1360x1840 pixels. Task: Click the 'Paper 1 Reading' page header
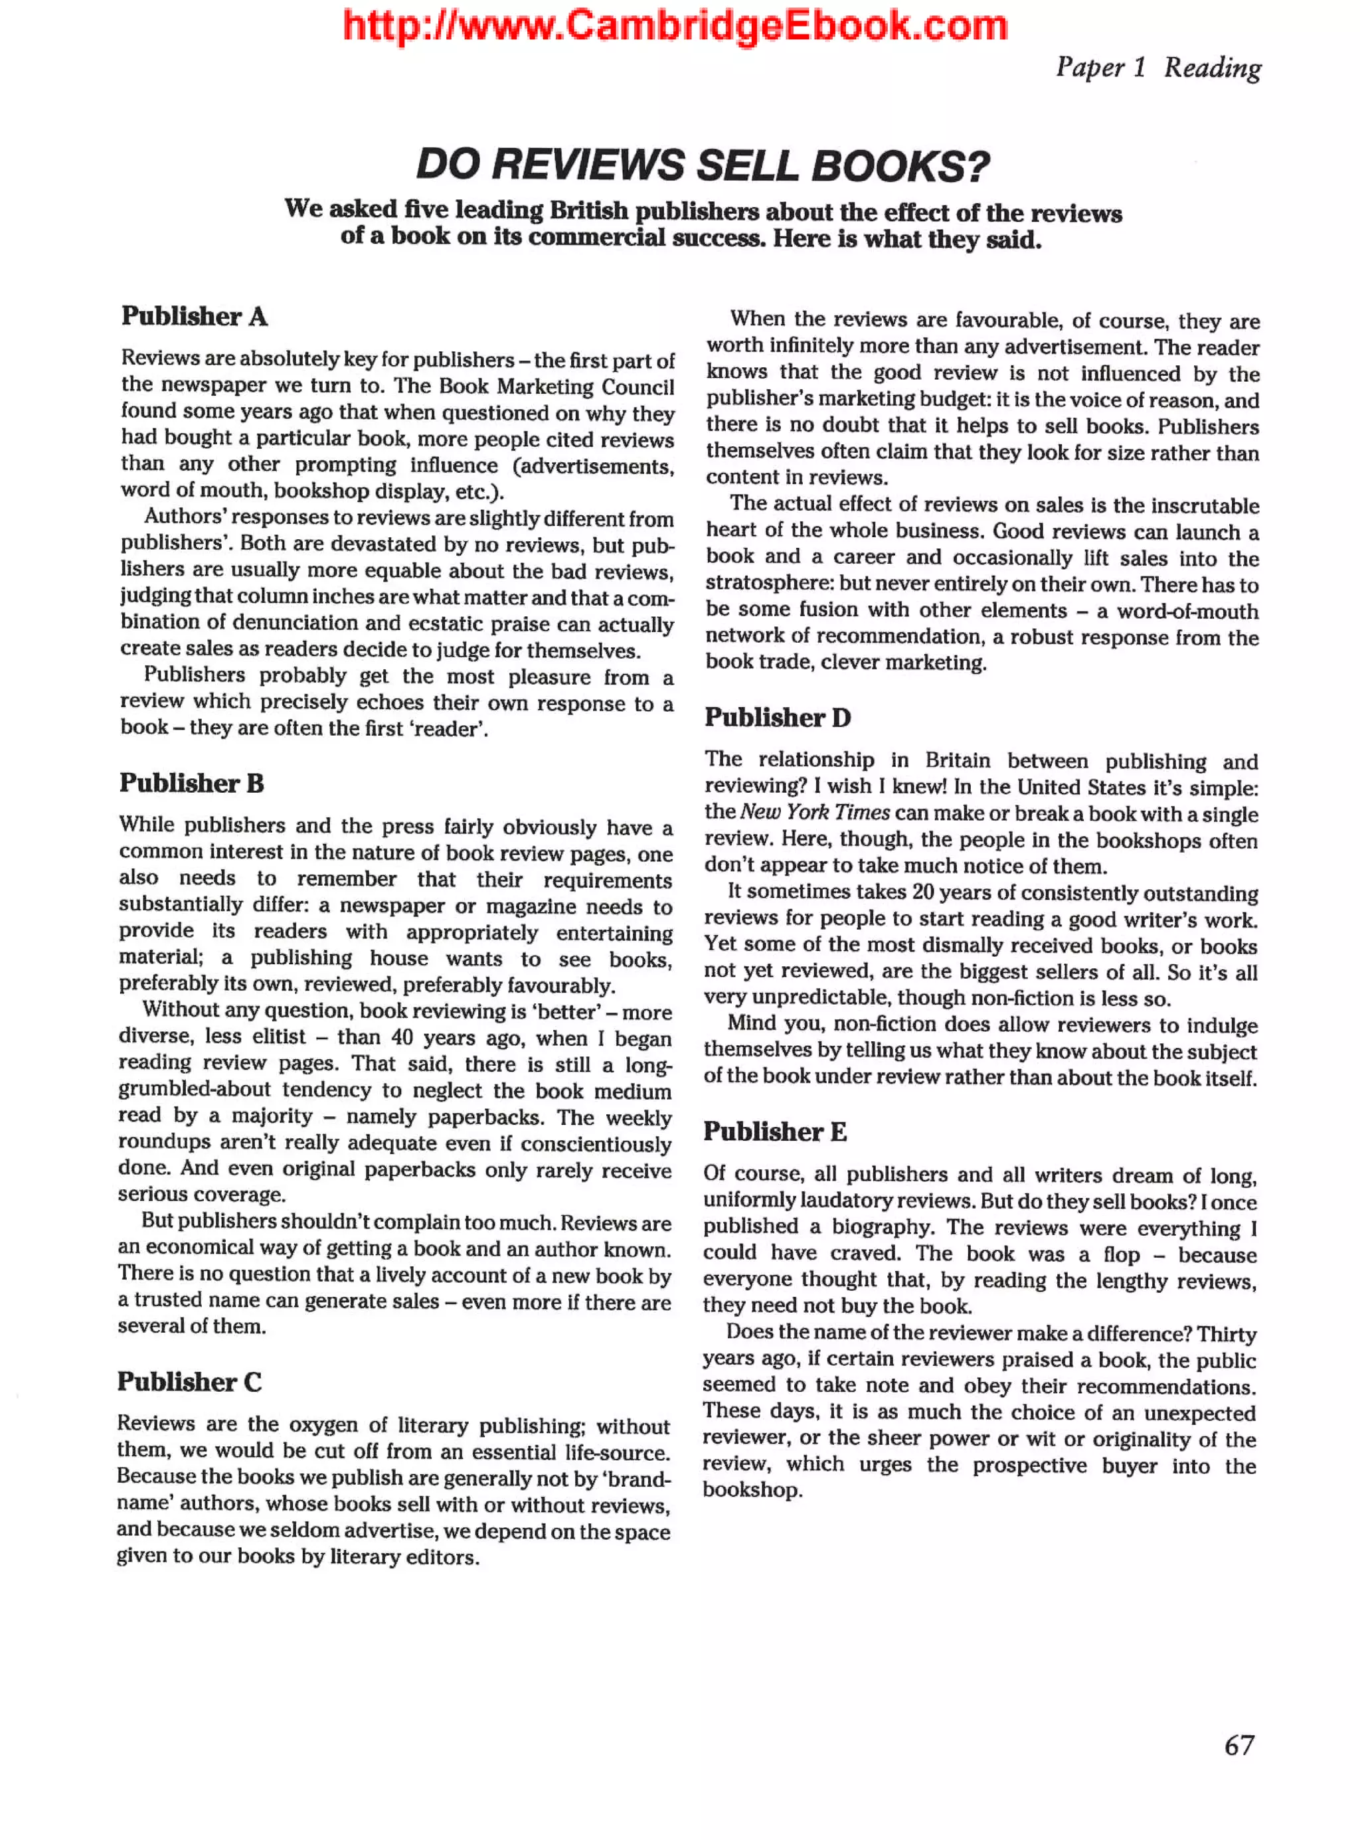(x=1157, y=68)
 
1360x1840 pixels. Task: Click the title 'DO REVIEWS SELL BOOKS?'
(x=702, y=165)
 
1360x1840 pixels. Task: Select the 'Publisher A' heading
(x=195, y=316)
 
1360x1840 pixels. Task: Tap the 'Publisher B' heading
(x=191, y=783)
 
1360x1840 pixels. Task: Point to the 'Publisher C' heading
(x=189, y=1381)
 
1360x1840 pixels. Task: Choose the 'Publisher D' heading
(x=777, y=717)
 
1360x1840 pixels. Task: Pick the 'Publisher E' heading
(x=775, y=1132)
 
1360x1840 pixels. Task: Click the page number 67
(x=1239, y=1745)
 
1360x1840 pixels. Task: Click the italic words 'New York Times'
(x=814, y=813)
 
